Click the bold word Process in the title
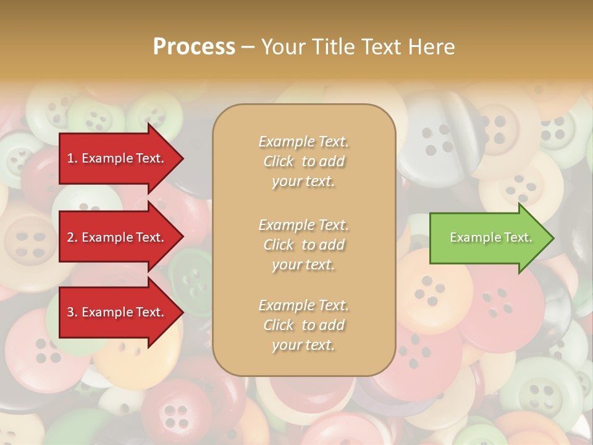point(194,47)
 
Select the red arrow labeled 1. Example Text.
point(117,158)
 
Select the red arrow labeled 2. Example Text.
point(117,237)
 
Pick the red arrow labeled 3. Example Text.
point(117,312)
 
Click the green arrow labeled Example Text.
point(488,237)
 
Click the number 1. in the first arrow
point(72,158)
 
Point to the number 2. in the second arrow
point(72,237)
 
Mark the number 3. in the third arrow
point(72,312)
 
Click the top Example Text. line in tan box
point(303,142)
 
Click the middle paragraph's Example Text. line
point(303,225)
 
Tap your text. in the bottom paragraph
point(303,345)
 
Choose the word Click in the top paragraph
point(279,161)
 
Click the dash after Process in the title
point(248,47)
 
